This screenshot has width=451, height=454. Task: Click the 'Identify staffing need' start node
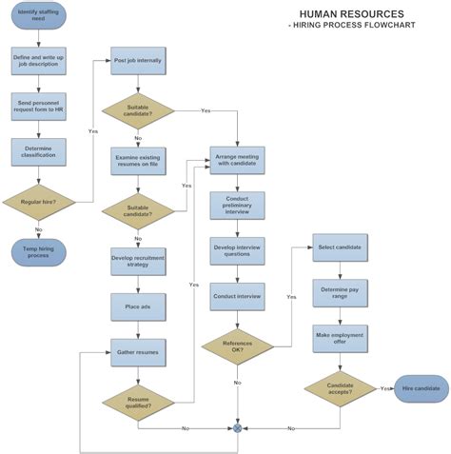39,17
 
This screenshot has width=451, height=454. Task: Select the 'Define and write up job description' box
39,61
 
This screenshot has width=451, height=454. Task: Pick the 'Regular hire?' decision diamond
39,201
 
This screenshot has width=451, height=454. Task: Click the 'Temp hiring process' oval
39,251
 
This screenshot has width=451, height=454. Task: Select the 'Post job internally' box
138,61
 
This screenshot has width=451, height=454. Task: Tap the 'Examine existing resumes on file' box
138,159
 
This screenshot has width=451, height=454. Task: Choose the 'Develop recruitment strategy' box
138,261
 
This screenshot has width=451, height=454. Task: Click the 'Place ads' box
138,307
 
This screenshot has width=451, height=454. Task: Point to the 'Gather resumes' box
138,353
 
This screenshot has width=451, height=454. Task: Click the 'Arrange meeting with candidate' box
237,159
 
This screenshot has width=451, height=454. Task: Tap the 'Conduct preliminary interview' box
237,205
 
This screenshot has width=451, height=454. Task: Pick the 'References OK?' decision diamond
237,346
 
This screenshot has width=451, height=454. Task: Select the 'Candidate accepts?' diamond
340,388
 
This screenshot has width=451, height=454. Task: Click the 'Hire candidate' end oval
422,388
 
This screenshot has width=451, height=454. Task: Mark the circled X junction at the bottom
238,428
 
